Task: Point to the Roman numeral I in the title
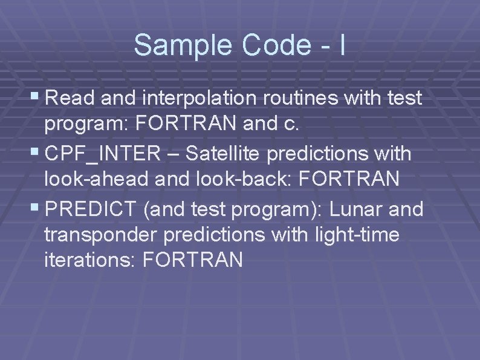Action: click(343, 45)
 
